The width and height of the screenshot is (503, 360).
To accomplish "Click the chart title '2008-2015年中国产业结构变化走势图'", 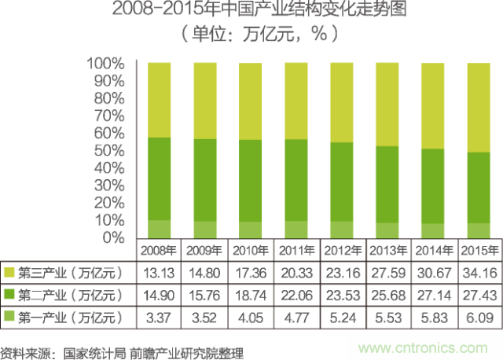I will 251,12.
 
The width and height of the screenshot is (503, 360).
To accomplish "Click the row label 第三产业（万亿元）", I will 71,273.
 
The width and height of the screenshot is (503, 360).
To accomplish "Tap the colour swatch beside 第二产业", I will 9,295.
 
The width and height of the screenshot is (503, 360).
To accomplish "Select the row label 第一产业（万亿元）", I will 71,317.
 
